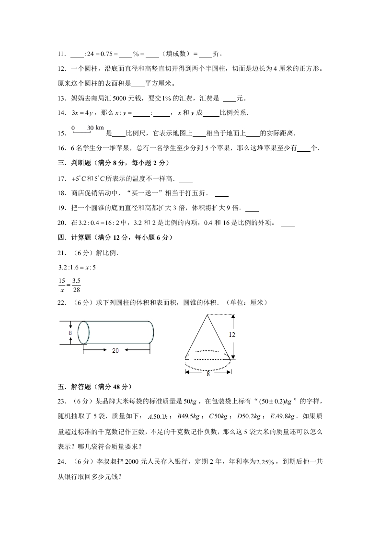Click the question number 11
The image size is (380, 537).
(x=61, y=54)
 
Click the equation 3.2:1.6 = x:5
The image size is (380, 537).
(x=77, y=267)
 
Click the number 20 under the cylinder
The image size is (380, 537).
(x=115, y=350)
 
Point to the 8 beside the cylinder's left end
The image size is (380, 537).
(x=70, y=333)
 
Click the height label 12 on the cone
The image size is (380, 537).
(x=232, y=335)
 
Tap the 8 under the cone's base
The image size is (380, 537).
(x=208, y=374)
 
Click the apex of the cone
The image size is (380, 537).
(x=207, y=314)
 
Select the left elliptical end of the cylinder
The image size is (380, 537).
(x=83, y=332)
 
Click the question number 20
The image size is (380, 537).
(x=61, y=223)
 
